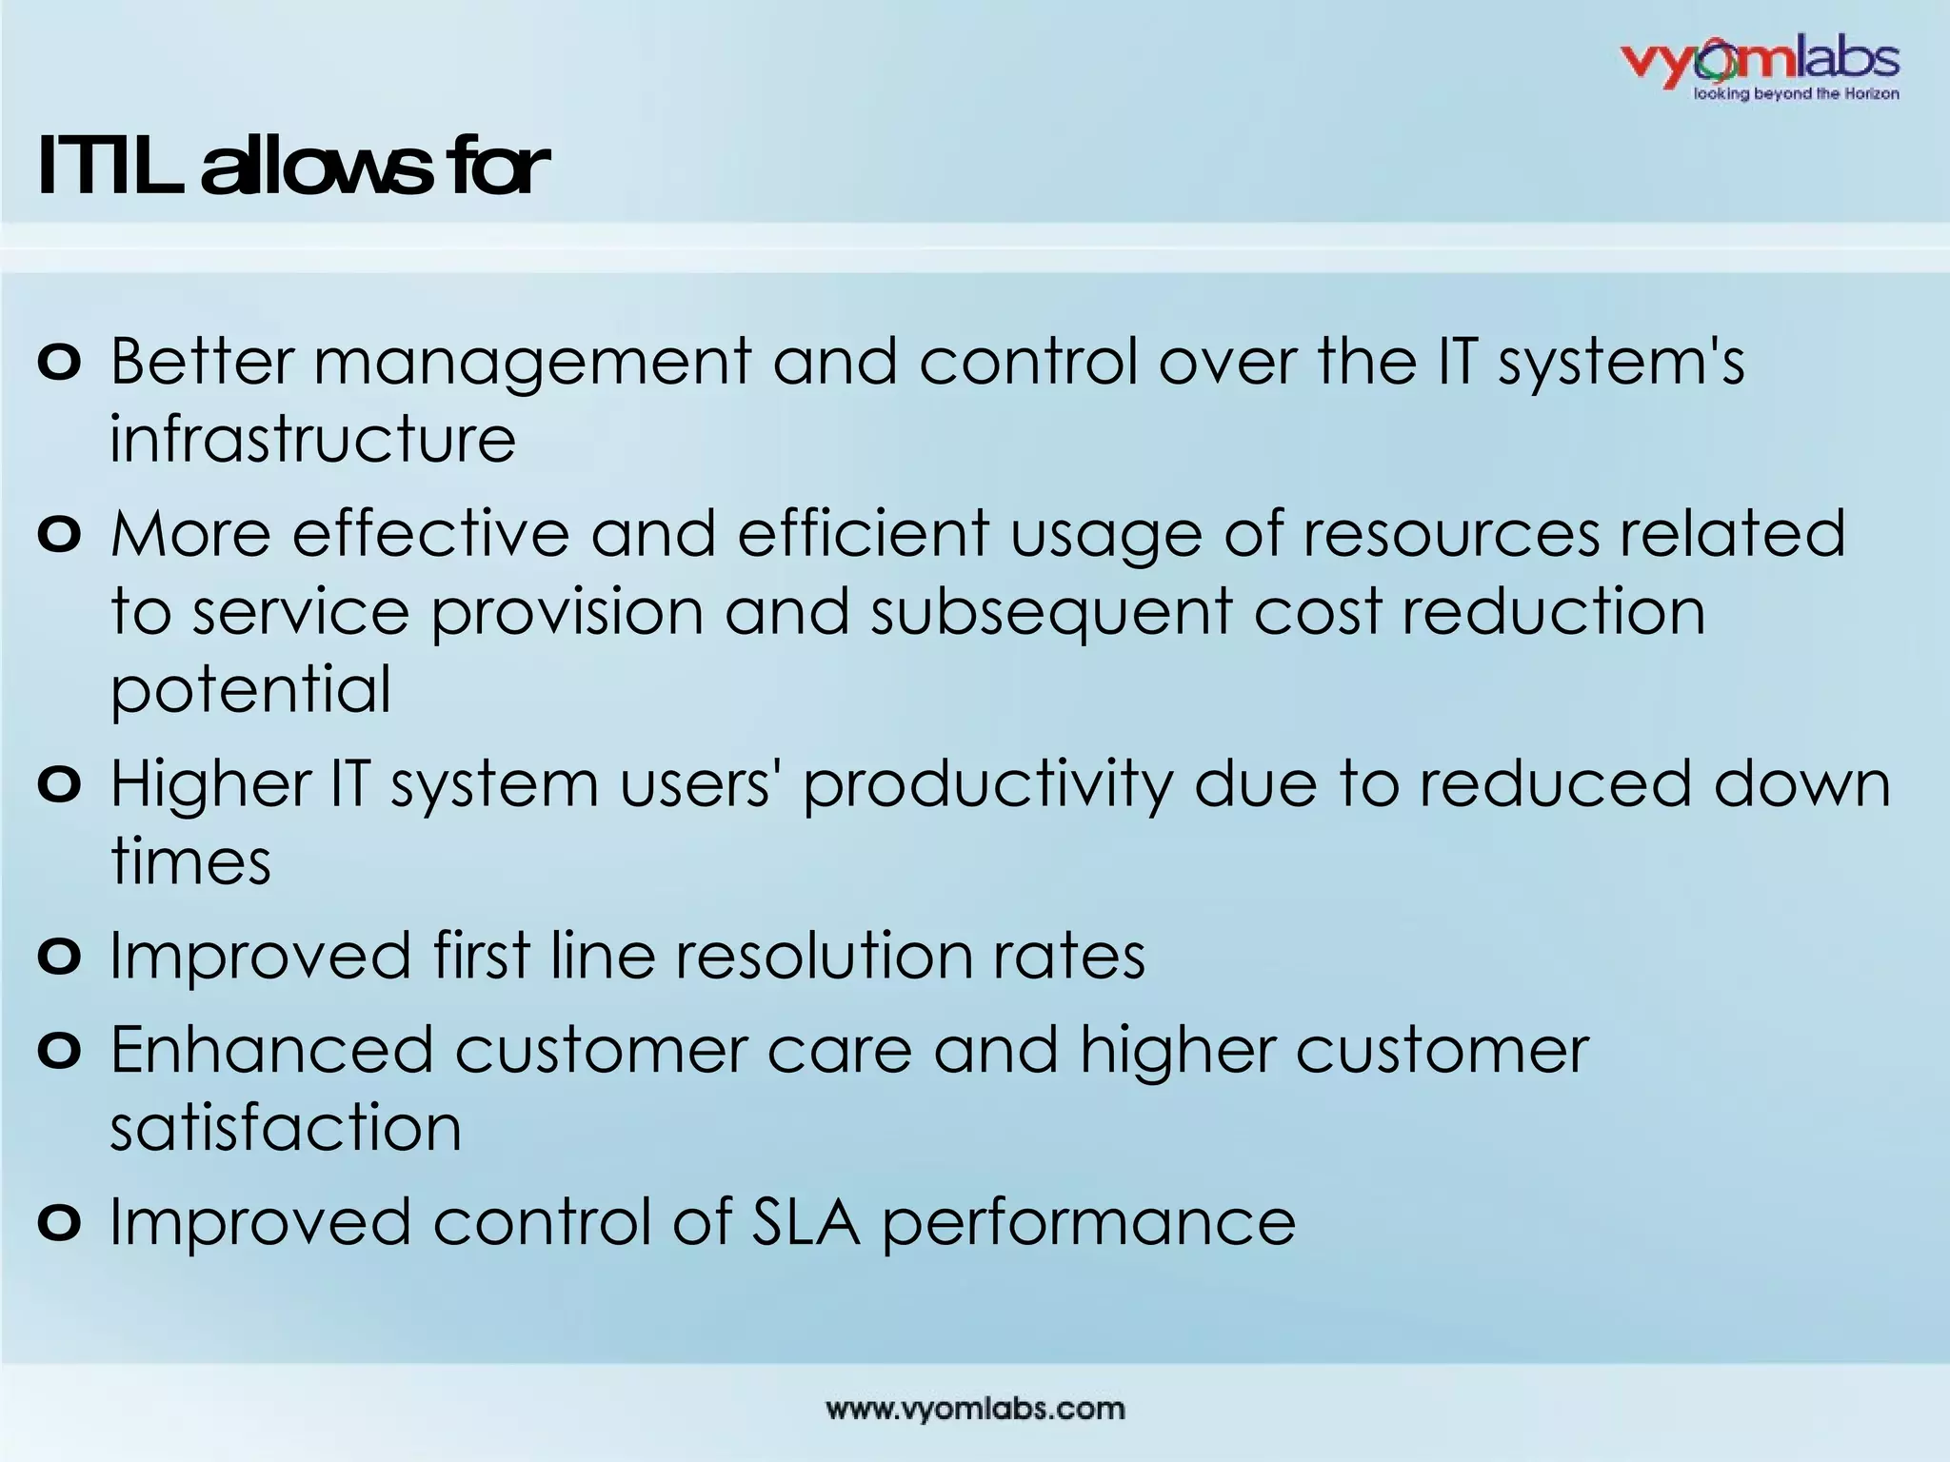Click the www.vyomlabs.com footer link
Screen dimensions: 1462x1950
(975, 1409)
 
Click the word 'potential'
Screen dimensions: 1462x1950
(250, 690)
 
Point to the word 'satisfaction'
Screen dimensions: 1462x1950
(286, 1128)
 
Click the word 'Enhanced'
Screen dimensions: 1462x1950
(272, 1050)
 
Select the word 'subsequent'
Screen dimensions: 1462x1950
(1051, 612)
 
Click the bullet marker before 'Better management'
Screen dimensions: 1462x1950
(59, 364)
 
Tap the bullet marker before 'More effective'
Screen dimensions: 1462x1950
(59, 535)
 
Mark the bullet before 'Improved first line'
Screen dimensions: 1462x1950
(59, 957)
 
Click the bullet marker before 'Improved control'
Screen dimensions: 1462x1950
(59, 1223)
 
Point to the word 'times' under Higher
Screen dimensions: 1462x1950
(190, 861)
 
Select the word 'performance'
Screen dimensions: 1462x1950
(1088, 1223)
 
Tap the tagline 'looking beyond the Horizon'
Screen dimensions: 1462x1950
(1796, 94)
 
